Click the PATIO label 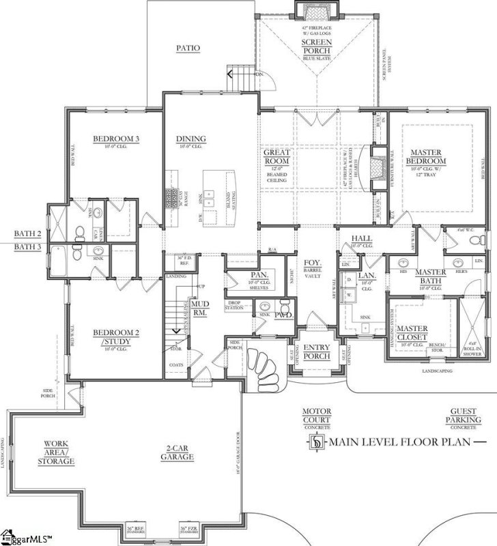pos(189,48)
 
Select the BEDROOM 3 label pos(116,139)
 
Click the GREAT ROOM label pos(277,158)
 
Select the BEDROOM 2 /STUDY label pos(116,336)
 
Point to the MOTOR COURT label pos(316,415)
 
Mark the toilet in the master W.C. pos(481,239)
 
